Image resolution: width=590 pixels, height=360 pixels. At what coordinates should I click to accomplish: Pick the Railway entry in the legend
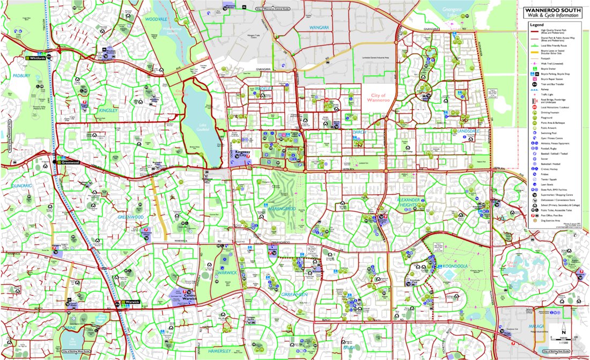pyautogui.click(x=546, y=89)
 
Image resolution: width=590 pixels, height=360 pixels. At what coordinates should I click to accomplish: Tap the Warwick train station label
pyautogui.click(x=132, y=303)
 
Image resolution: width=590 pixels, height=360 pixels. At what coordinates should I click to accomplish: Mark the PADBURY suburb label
pyautogui.click(x=21, y=76)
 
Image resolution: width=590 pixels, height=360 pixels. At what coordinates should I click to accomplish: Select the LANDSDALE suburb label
pyautogui.click(x=464, y=130)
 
